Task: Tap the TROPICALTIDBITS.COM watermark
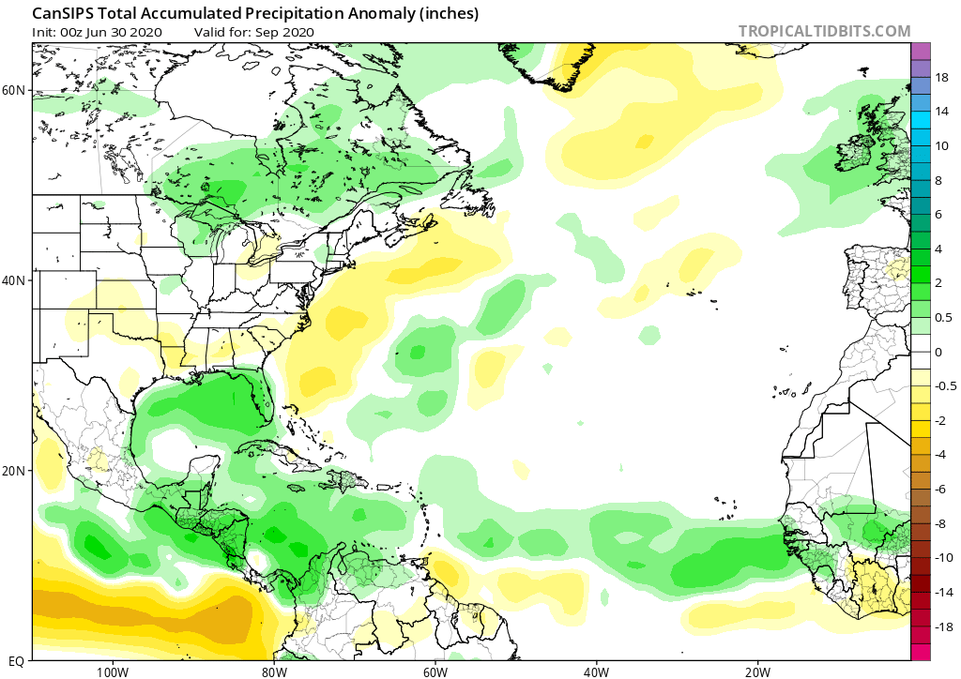(824, 31)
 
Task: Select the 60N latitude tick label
(14, 90)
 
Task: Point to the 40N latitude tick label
(14, 280)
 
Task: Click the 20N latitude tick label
(14, 471)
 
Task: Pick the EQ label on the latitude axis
(16, 660)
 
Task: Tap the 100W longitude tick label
(112, 671)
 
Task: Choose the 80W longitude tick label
(273, 671)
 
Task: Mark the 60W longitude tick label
(435, 671)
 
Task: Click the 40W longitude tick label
(596, 671)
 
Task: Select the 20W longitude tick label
(757, 671)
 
